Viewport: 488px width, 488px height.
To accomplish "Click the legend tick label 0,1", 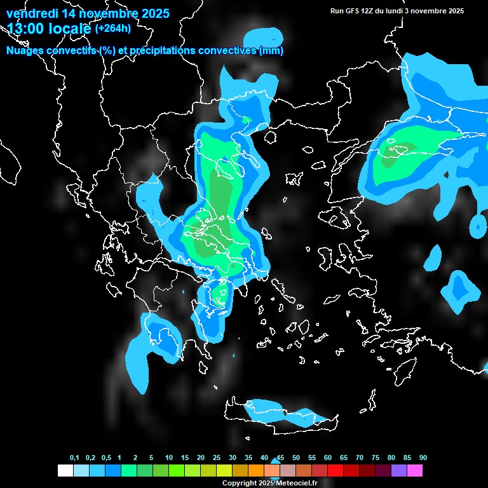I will [74, 458].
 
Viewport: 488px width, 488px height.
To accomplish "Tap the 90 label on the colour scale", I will [423, 458].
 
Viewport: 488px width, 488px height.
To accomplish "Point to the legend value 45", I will [280, 458].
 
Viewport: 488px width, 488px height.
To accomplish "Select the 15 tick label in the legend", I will [185, 458].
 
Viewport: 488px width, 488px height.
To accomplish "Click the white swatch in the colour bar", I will [65, 471].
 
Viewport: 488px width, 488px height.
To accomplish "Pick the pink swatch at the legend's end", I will [414, 471].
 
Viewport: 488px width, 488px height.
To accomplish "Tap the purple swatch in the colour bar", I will [398, 471].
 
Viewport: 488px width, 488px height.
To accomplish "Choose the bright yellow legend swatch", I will [224, 471].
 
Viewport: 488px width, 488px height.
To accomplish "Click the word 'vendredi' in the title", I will [30, 13].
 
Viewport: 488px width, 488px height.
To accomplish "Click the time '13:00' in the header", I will [25, 29].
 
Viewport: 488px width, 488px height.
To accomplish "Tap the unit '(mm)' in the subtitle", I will [271, 51].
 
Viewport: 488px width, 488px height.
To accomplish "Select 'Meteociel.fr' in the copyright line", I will [297, 484].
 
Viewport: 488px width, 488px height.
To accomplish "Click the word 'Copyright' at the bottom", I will [240, 484].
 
